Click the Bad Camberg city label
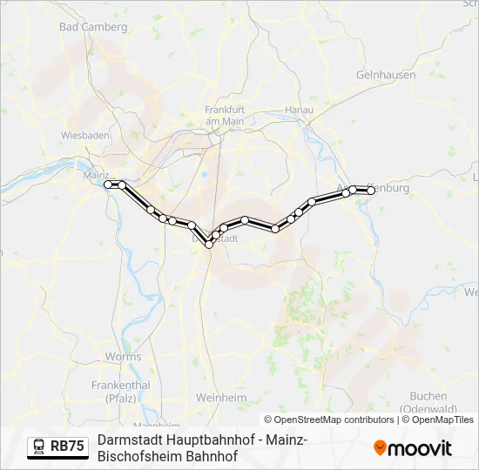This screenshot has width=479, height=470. coord(93,27)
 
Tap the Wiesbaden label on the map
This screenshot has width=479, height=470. coord(85,135)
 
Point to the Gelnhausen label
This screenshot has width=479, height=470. coord(385,75)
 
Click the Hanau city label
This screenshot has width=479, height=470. coord(299,110)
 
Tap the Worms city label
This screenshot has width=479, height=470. coord(123,357)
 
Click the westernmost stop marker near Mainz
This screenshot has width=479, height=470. coord(109,185)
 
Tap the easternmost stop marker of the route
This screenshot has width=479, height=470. coord(371,190)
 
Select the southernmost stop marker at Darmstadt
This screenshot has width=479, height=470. coord(209,245)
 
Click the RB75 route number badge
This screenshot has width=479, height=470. coord(67,446)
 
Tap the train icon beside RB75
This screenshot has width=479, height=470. coord(39,446)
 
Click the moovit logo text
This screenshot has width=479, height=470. coord(420,448)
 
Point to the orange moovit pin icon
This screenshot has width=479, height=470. coord(380,448)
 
